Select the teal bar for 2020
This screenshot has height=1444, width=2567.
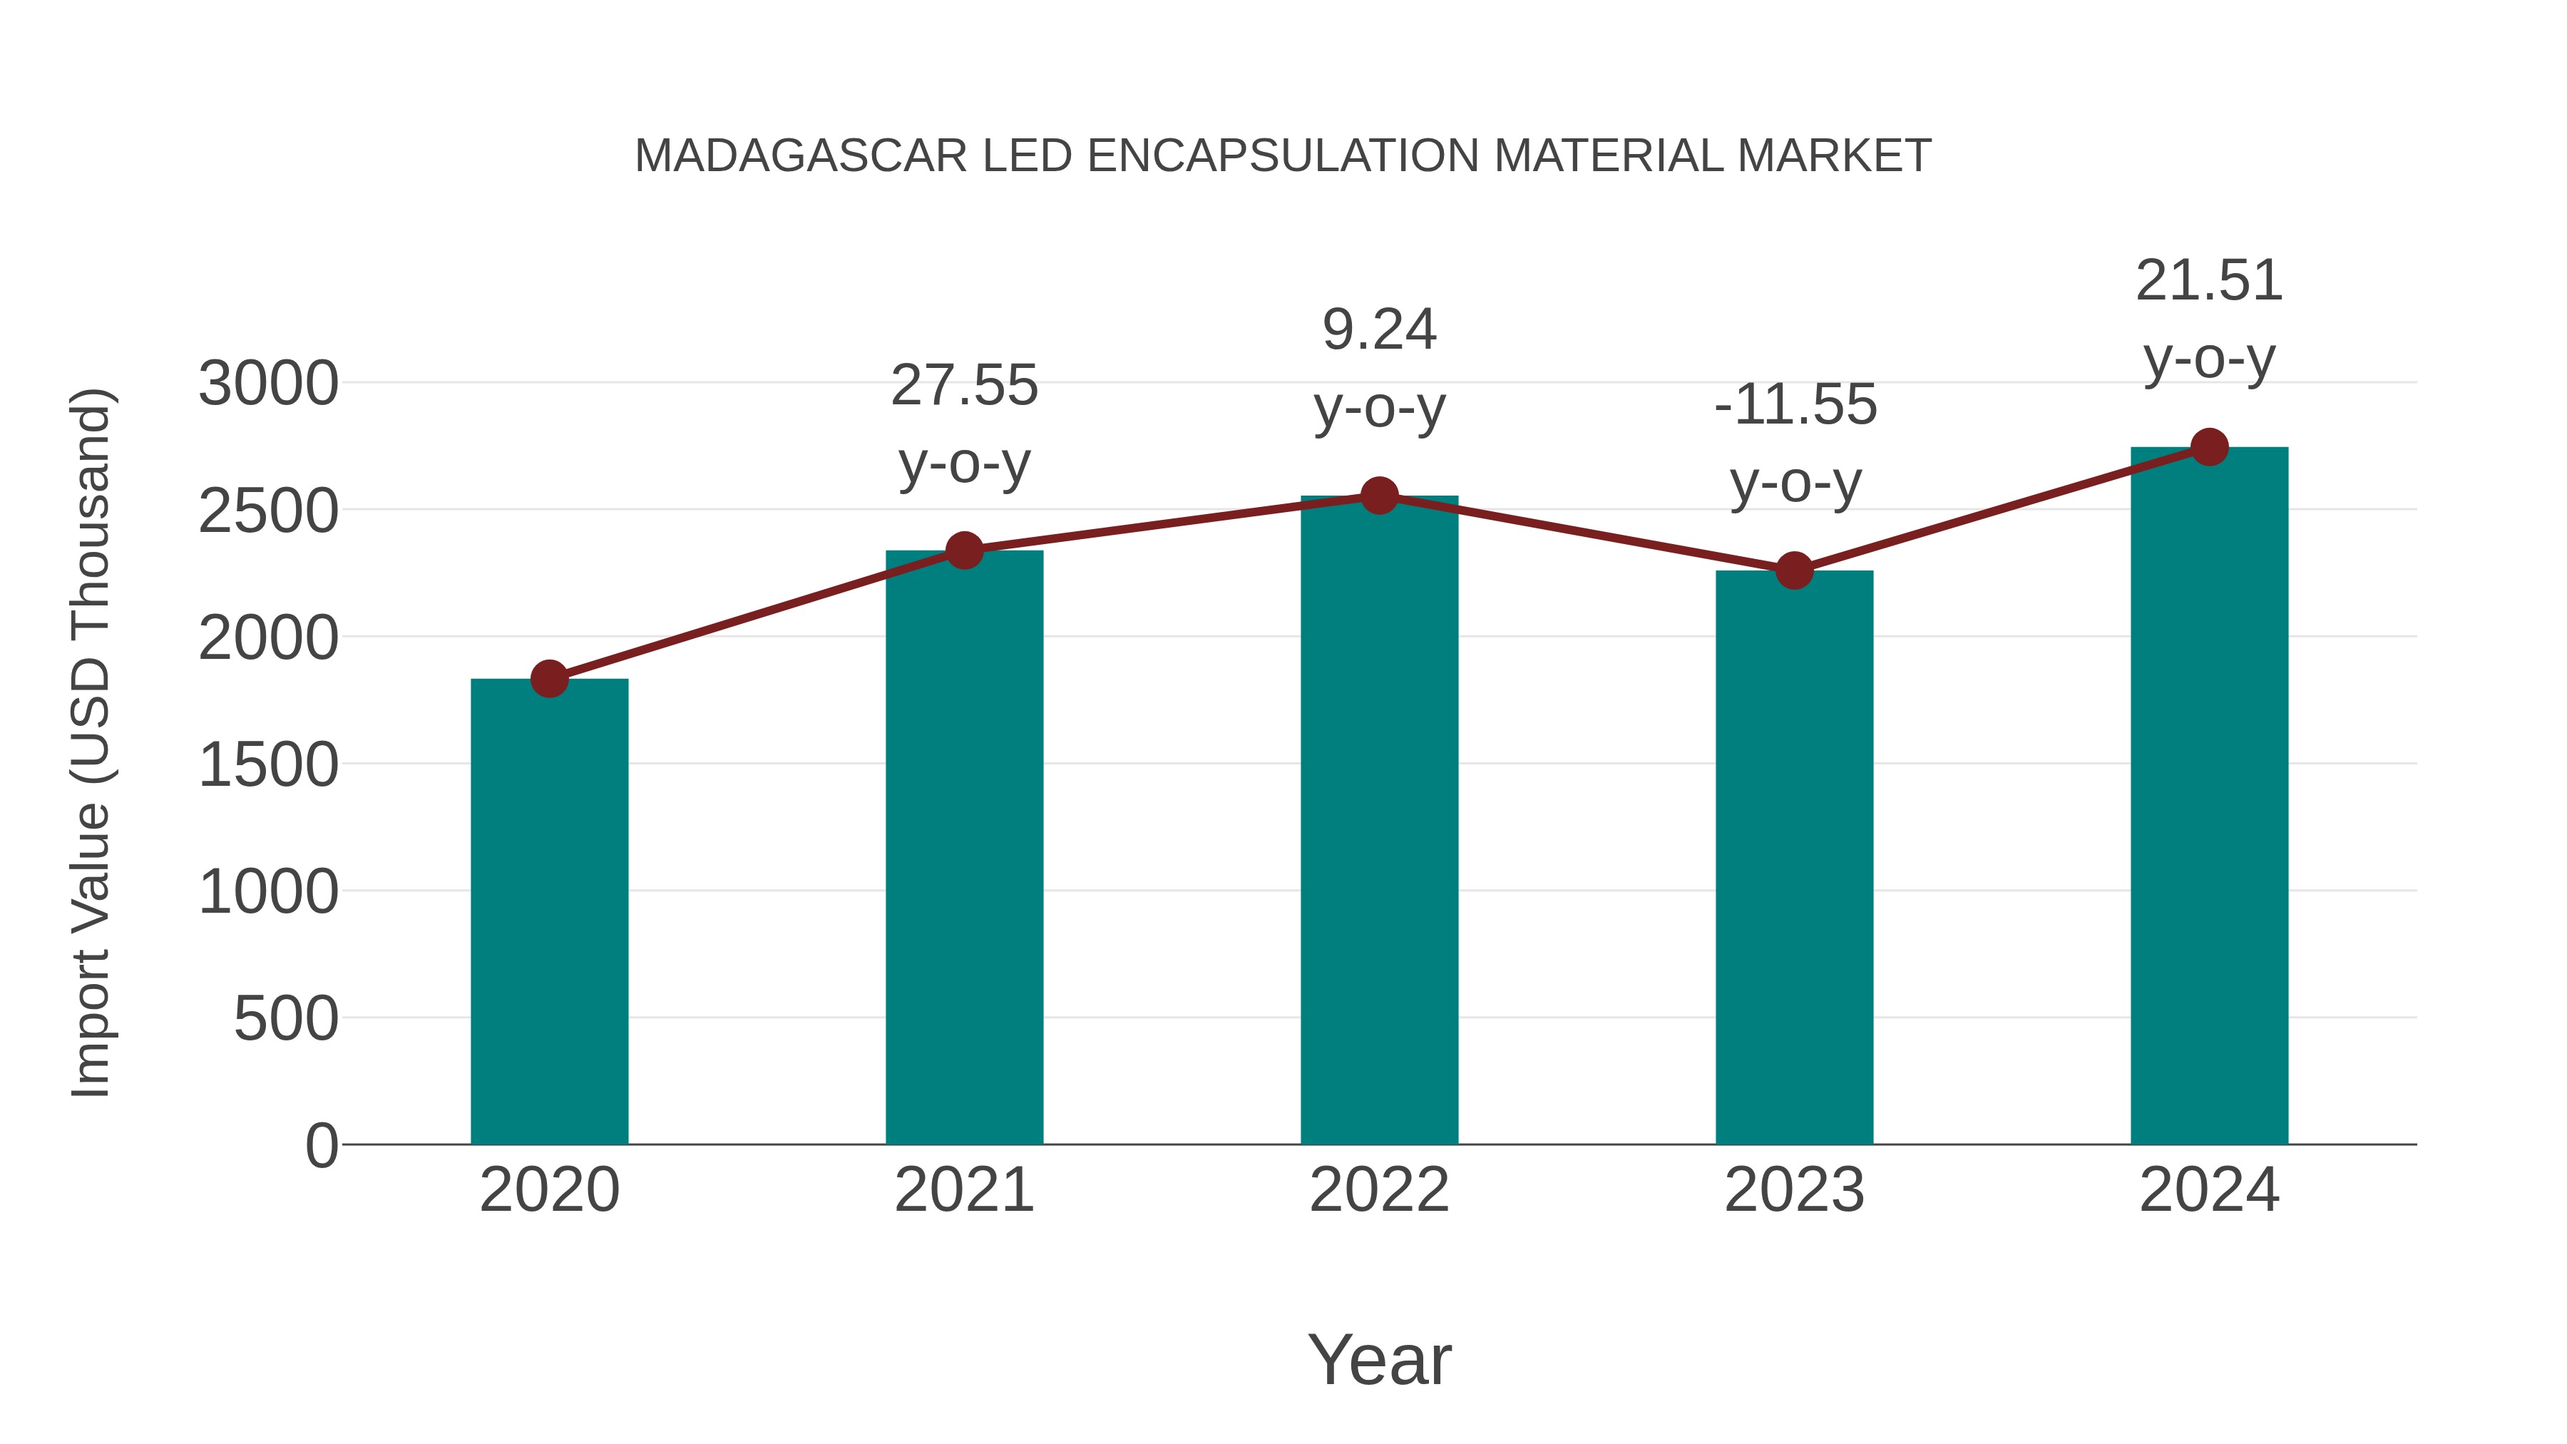(x=549, y=912)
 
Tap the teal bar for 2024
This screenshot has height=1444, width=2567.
(x=2209, y=797)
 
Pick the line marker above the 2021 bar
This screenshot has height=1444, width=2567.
(x=963, y=550)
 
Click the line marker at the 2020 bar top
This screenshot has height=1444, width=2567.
(x=549, y=679)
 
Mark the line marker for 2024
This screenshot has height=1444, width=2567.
(x=2209, y=447)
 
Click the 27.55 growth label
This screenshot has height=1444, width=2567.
(x=963, y=386)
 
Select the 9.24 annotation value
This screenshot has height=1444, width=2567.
(x=1379, y=330)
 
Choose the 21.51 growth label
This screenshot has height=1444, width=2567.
(x=2209, y=281)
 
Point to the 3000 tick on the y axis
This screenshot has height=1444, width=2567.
(x=268, y=384)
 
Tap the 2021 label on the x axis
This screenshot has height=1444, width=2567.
(x=963, y=1190)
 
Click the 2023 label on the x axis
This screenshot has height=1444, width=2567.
(x=1794, y=1190)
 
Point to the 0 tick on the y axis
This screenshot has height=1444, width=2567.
(x=321, y=1146)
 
